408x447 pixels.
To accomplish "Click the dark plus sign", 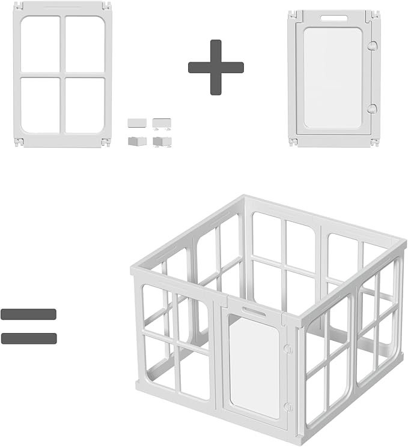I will pos(216,67).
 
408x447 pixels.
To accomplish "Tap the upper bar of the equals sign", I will pos(29,314).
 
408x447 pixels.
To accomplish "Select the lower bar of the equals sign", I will pos(29,338).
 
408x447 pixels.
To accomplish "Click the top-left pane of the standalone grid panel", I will pos(41,44).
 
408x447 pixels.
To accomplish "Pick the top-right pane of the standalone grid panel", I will pos(85,44).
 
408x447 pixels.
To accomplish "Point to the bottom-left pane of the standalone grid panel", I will pos(41,105).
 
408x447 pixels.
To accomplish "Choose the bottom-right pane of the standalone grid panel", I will pos(85,105).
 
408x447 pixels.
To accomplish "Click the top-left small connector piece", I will pos(137,122).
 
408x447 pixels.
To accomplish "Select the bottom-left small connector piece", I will pos(137,141).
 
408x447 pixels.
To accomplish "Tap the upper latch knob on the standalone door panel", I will pos(372,46).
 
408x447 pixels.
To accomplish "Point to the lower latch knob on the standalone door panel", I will pos(372,109).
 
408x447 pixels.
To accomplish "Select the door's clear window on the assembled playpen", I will pos(254,366).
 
